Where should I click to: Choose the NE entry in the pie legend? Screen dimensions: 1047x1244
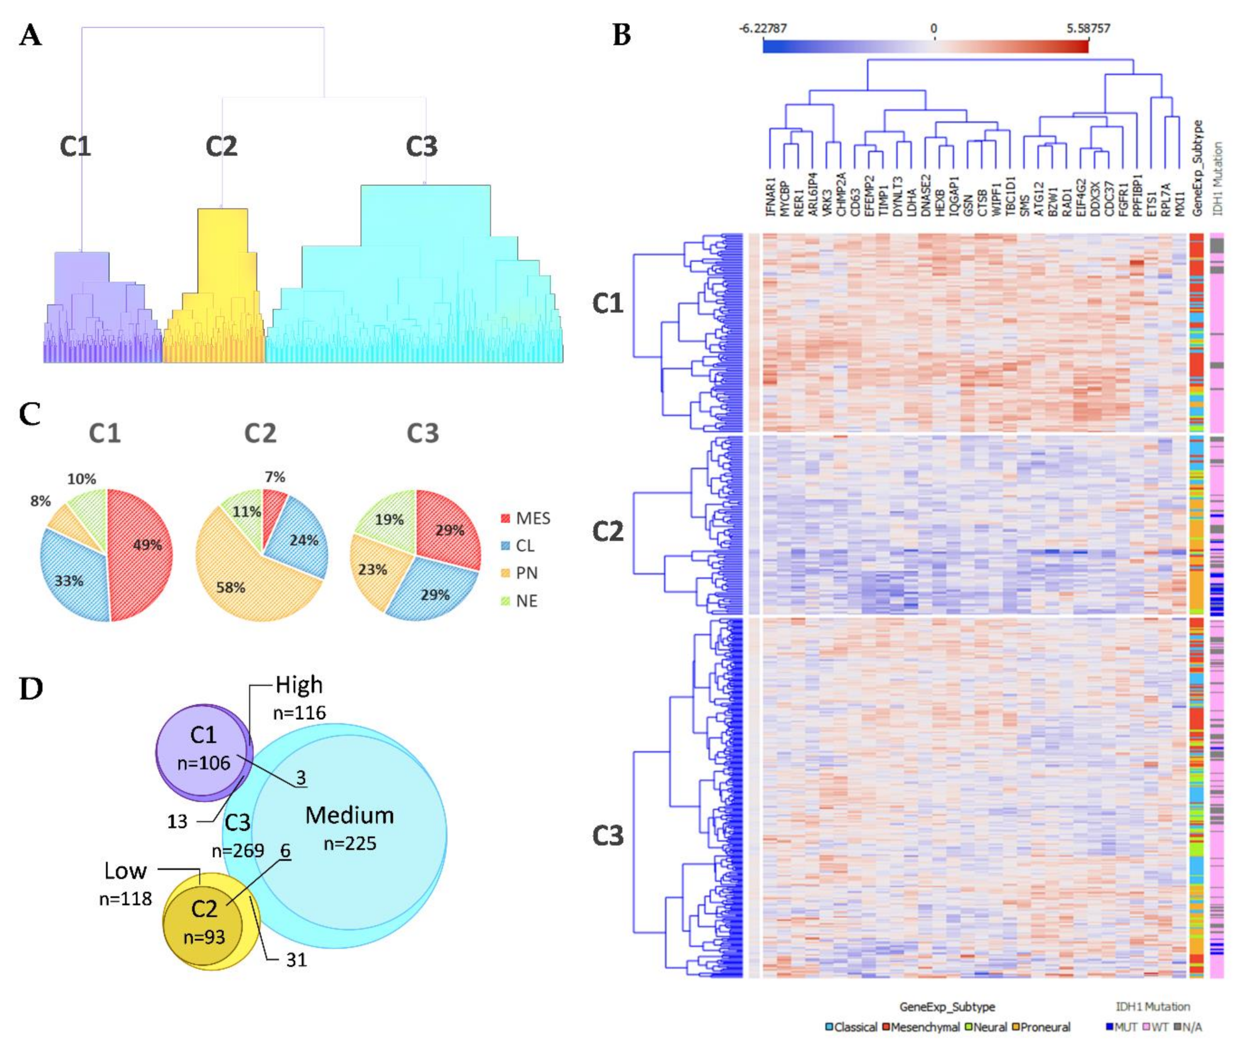525,601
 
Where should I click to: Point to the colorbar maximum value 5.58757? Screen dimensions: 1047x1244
1088,28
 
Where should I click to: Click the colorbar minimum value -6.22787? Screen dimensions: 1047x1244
763,28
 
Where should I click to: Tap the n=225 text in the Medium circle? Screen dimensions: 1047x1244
350,844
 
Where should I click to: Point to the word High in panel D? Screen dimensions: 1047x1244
299,685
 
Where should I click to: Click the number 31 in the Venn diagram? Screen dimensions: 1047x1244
296,960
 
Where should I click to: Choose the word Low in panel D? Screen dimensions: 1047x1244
125,871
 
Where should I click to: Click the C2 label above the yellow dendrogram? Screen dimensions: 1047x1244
221,147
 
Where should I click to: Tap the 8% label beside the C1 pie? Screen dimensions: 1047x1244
40,501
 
